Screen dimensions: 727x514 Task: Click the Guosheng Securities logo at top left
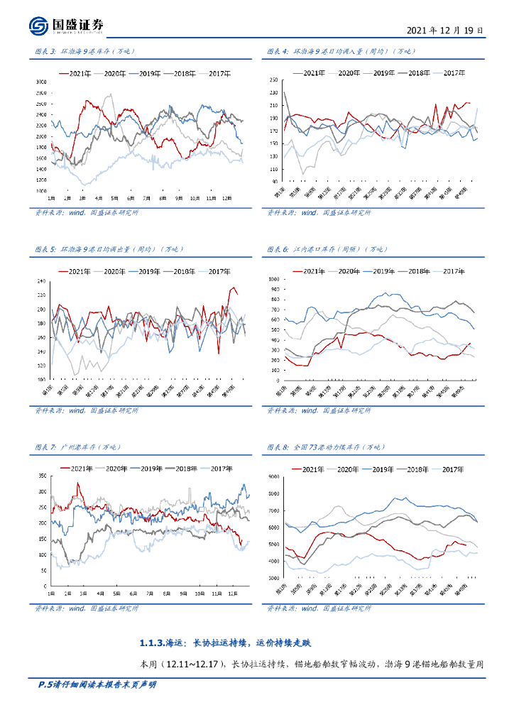pyautogui.click(x=67, y=26)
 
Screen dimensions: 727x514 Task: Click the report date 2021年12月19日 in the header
pyautogui.click(x=445, y=31)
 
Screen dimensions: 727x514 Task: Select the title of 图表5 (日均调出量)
pyautogui.click(x=108, y=249)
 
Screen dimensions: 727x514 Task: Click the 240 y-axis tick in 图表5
pyautogui.click(x=43, y=282)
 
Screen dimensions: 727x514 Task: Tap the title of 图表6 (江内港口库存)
pyautogui.click(x=327, y=249)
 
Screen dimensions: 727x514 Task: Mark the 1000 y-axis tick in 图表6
pyautogui.click(x=273, y=280)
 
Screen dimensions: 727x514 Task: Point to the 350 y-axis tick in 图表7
pyautogui.click(x=42, y=476)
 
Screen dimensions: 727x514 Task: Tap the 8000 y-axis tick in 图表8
pyautogui.click(x=273, y=493)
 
